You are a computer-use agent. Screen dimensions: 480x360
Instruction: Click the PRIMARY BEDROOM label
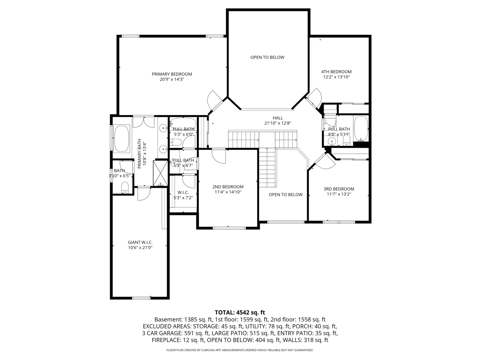[x=172, y=74]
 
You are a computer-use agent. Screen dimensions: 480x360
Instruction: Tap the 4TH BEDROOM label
[x=336, y=72]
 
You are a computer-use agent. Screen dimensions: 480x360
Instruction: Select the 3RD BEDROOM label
[x=339, y=189]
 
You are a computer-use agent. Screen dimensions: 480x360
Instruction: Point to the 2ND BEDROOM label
[x=228, y=187]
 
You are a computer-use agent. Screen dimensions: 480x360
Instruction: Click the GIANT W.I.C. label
[x=140, y=242]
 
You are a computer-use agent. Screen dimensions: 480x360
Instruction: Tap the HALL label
[x=278, y=118]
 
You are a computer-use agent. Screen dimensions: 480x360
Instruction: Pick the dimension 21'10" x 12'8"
[x=278, y=123]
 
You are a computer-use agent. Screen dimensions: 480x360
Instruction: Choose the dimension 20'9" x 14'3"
[x=172, y=79]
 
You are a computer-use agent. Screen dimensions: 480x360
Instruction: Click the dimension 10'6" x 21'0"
[x=140, y=247]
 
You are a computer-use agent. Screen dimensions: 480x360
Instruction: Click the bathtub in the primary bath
[x=122, y=138]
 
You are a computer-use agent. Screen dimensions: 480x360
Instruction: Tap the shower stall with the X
[x=160, y=173]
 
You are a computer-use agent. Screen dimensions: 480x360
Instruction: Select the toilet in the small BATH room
[x=125, y=187]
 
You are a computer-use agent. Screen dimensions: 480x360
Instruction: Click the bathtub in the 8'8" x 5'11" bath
[x=361, y=129]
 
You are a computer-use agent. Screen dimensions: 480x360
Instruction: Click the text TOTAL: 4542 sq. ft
[x=240, y=312]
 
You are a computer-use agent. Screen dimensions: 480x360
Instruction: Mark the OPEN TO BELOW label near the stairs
[x=286, y=195]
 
